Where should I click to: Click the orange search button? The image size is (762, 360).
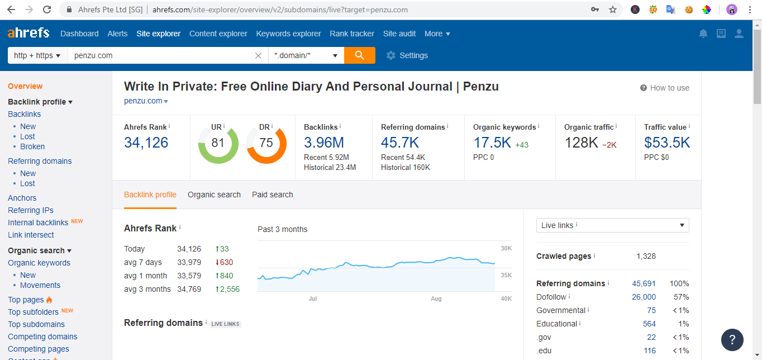359,55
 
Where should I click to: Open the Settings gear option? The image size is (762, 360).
407,55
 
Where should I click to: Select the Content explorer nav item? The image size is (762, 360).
218,34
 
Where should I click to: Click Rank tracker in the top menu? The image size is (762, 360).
352,34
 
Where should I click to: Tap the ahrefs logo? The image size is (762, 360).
28,33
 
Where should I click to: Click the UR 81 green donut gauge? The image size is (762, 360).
218,143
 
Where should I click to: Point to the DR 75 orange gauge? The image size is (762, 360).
266,143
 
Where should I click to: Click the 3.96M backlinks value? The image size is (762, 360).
323,143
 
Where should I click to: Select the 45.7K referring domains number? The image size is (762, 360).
399,143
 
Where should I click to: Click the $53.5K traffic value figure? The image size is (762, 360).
666,143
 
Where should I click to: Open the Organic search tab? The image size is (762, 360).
214,195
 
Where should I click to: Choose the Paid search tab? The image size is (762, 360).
272,195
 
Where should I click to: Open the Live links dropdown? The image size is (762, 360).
612,225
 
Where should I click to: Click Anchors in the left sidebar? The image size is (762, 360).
22,198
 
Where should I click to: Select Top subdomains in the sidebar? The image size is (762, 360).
36,324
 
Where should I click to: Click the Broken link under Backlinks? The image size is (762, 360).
32,146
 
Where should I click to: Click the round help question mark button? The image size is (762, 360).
732,339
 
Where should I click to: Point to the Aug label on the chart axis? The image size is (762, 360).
436,299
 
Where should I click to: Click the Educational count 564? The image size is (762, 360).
649,324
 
